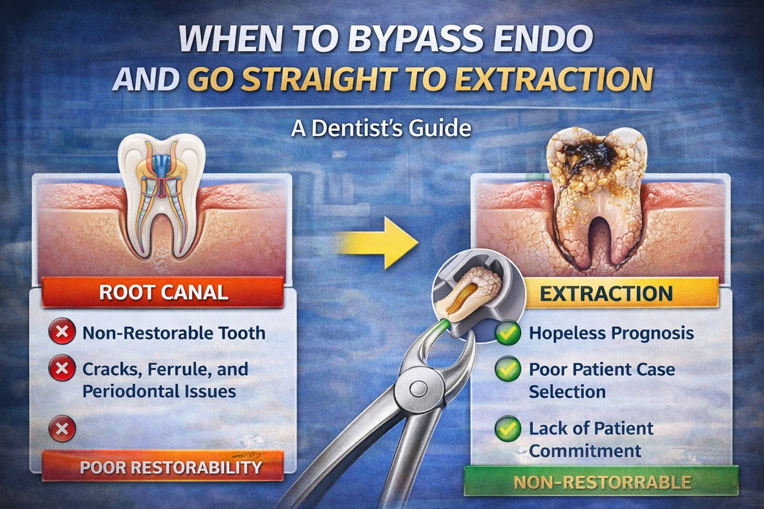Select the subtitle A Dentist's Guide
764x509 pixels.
pyautogui.click(x=381, y=128)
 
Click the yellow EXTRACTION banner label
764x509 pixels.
pyautogui.click(x=606, y=293)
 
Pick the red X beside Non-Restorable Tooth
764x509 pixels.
pyautogui.click(x=62, y=332)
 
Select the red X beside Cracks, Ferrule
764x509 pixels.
pyautogui.click(x=62, y=369)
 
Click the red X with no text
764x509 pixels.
pyautogui.click(x=62, y=428)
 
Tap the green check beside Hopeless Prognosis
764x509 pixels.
pyautogui.click(x=508, y=333)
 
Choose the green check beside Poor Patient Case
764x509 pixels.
pyautogui.click(x=508, y=369)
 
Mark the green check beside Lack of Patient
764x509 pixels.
pyautogui.click(x=508, y=428)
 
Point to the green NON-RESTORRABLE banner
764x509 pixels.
pyautogui.click(x=601, y=482)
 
